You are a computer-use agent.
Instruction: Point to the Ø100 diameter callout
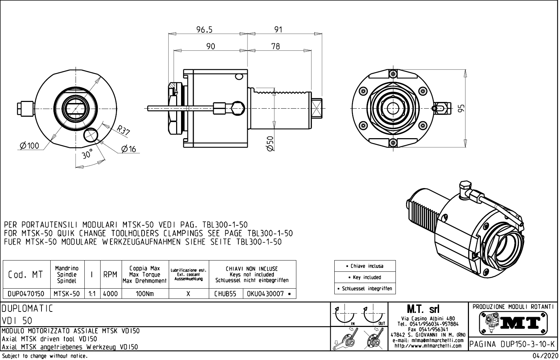[x=30, y=146]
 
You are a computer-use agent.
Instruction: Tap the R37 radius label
[x=123, y=131]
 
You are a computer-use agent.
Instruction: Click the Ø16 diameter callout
[x=128, y=149]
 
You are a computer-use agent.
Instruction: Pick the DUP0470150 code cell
[x=26, y=294]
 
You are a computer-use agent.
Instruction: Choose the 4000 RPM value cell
[x=110, y=294]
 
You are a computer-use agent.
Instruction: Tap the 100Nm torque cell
[x=145, y=294]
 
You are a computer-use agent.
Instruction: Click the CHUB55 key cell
[x=225, y=294]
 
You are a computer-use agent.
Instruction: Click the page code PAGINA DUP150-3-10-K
[x=513, y=345]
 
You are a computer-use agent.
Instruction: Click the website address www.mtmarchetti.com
[x=428, y=346]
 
